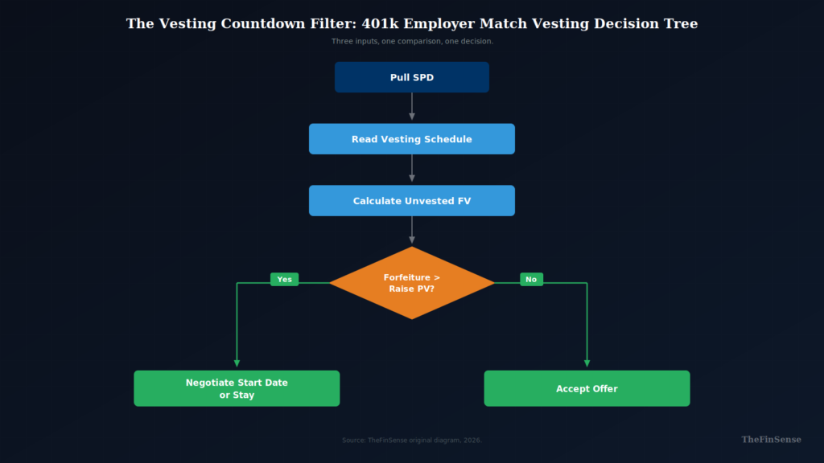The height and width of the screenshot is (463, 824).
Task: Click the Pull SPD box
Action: pos(411,77)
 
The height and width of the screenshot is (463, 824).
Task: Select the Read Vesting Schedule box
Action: pos(411,139)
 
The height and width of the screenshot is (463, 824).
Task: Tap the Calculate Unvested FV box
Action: pos(411,201)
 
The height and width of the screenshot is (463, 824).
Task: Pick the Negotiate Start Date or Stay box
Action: pos(237,388)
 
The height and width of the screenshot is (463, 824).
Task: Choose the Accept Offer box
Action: pos(587,388)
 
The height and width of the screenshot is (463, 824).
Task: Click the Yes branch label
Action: pos(284,280)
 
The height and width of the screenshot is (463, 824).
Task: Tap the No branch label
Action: pos(531,280)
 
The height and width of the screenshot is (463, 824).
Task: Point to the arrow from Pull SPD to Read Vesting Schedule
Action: pos(412,107)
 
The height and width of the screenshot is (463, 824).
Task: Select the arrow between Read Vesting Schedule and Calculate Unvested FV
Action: pos(412,169)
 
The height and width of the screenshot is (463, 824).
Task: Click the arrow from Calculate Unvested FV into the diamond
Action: pos(412,230)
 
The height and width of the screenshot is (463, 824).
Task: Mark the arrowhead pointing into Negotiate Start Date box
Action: pos(237,363)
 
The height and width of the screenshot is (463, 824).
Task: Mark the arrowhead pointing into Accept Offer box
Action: pos(587,363)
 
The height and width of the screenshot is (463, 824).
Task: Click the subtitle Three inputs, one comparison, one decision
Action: pos(412,41)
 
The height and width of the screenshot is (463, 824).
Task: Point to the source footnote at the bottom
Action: pos(412,440)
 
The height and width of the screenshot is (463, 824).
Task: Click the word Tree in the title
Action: pos(681,24)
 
